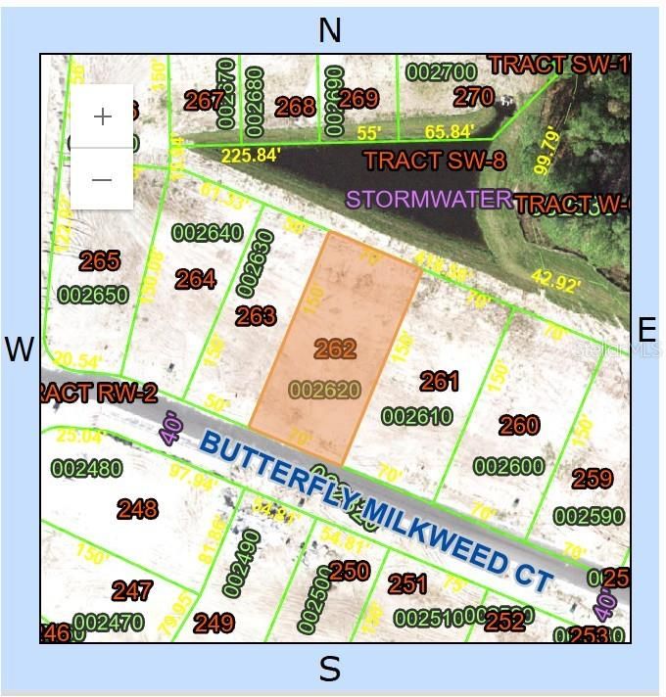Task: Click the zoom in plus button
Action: tap(102, 116)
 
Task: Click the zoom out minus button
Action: tap(102, 179)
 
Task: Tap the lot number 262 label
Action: tap(335, 348)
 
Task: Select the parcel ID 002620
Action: tap(325, 390)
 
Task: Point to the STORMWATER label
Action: tap(429, 200)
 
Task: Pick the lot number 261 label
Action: tap(440, 380)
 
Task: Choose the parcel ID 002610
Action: tap(416, 417)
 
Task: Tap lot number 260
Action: tap(518, 424)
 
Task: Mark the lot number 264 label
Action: tap(196, 279)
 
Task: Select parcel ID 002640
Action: tap(207, 233)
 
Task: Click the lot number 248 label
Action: tap(137, 508)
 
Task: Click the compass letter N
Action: tap(330, 30)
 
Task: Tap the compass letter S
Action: tap(330, 670)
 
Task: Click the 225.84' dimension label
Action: tap(252, 155)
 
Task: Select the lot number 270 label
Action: tap(474, 96)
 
